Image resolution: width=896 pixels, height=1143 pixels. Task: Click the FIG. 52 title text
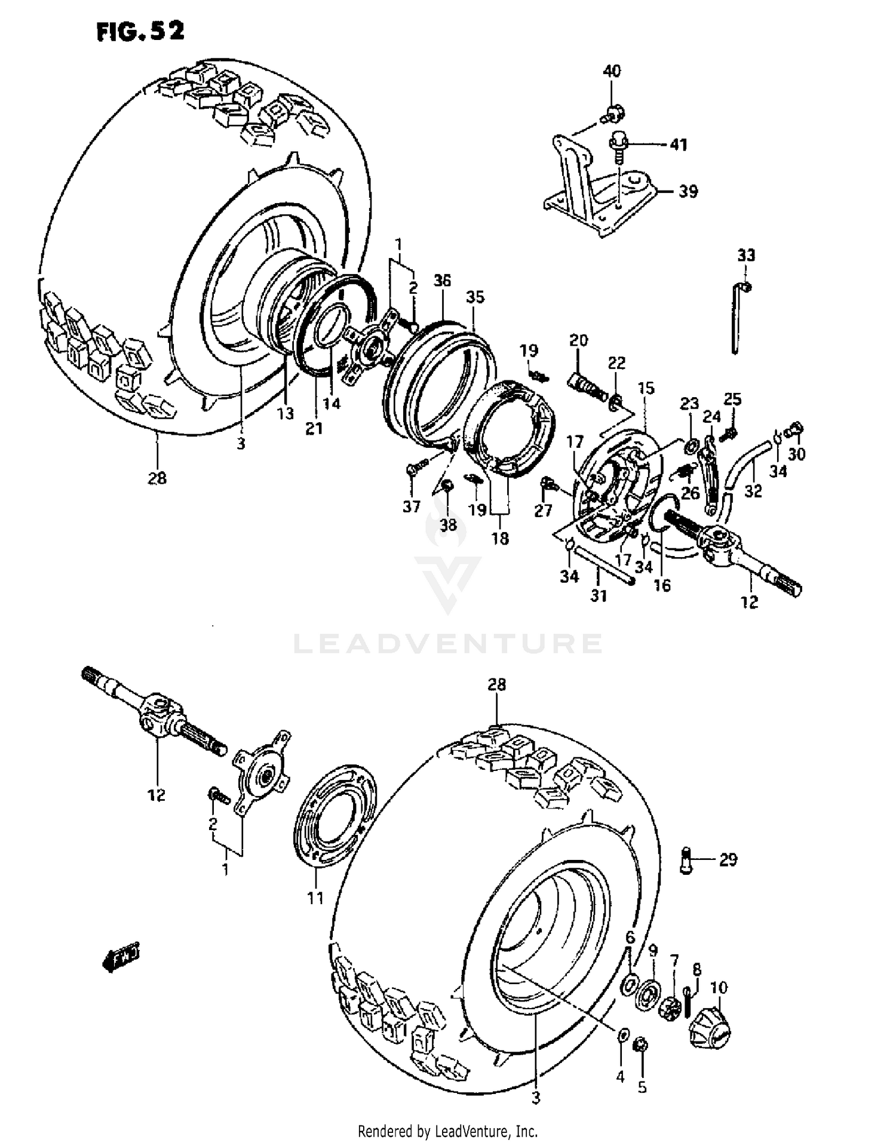tap(140, 30)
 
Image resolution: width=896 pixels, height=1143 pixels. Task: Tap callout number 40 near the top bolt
tap(612, 72)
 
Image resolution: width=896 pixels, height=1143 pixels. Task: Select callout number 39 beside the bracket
tap(688, 192)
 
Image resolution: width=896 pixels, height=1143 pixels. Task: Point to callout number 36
tap(443, 280)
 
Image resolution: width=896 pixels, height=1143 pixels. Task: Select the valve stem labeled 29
tap(687, 861)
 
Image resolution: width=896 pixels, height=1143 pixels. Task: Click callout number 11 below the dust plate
tap(315, 898)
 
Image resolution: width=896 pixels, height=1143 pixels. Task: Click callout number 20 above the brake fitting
tap(578, 340)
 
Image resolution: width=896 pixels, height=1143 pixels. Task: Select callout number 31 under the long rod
tap(599, 595)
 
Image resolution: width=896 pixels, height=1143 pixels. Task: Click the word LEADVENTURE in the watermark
tap(448, 644)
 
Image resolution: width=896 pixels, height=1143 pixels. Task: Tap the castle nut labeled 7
tap(670, 1009)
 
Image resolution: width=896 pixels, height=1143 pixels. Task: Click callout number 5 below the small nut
tap(642, 1087)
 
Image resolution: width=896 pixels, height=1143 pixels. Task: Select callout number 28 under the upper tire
tap(157, 478)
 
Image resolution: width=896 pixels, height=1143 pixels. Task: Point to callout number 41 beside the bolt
tap(678, 145)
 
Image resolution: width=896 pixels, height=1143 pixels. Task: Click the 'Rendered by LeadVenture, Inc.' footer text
tap(447, 1130)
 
